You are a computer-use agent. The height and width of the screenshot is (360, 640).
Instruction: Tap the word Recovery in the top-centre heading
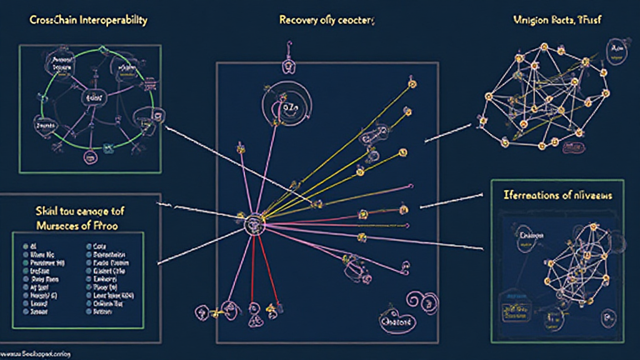click(x=296, y=20)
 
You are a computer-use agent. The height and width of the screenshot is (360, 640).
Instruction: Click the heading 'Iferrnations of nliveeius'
click(x=558, y=196)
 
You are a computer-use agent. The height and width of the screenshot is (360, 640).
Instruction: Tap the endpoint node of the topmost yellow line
click(x=412, y=83)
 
